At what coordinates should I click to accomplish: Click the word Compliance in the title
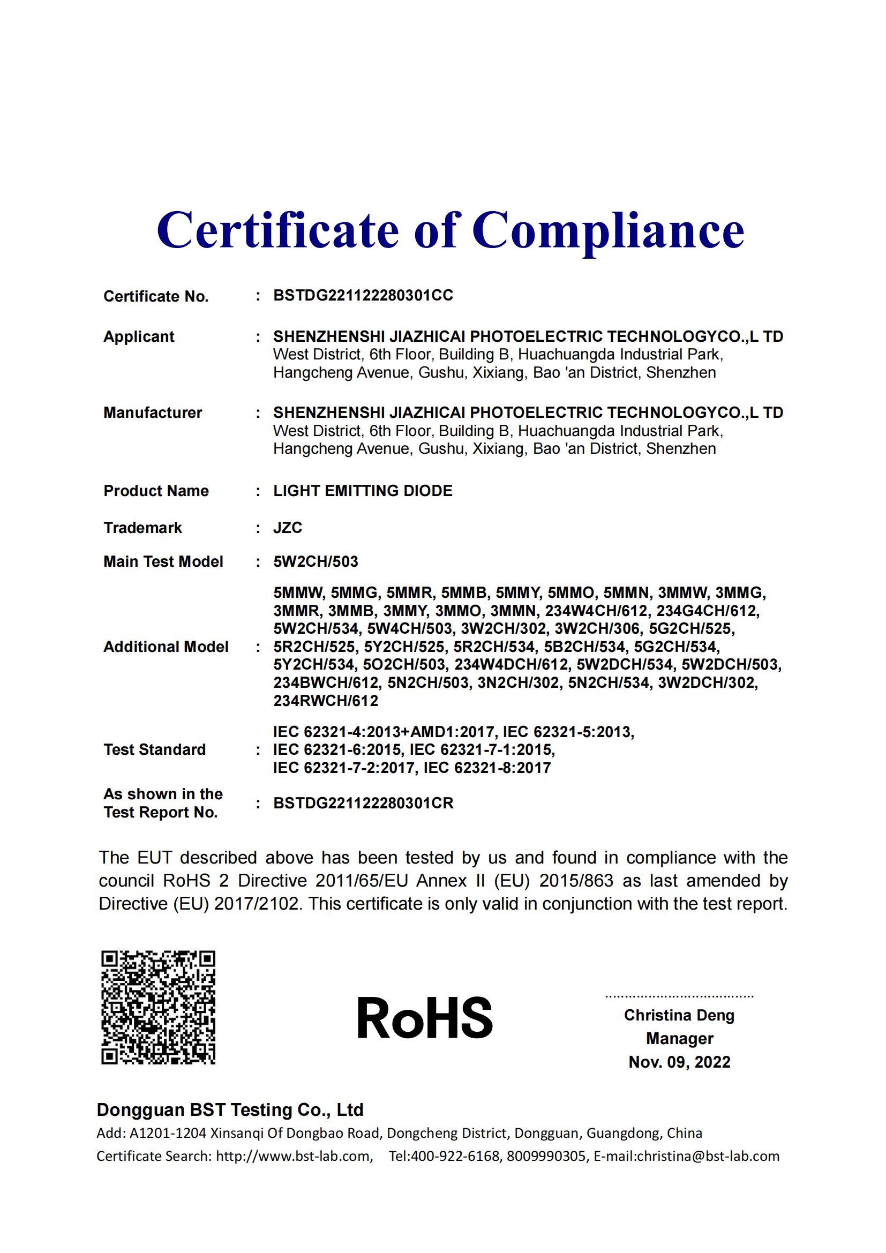click(x=608, y=231)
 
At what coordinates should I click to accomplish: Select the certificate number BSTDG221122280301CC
click(x=363, y=295)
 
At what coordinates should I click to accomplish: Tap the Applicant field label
click(x=139, y=336)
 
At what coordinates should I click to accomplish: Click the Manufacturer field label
click(x=153, y=412)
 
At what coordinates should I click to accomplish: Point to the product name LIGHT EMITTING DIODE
click(x=363, y=491)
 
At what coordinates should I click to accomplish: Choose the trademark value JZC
click(x=288, y=528)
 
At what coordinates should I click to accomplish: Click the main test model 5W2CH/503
click(x=316, y=561)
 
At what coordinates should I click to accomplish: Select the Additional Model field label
click(x=166, y=647)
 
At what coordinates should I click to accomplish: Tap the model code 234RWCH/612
click(x=326, y=701)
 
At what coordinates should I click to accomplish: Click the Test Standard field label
click(x=154, y=749)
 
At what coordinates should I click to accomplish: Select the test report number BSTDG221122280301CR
click(x=363, y=804)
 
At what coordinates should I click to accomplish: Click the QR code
click(x=158, y=1008)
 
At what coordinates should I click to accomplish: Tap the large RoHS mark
click(x=424, y=1018)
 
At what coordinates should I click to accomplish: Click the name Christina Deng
click(x=679, y=1015)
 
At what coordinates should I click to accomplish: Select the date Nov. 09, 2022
click(x=679, y=1062)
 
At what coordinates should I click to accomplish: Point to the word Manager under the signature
click(x=679, y=1039)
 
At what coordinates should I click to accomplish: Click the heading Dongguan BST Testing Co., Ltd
click(x=230, y=1110)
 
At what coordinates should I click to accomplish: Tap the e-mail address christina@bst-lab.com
click(x=708, y=1156)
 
